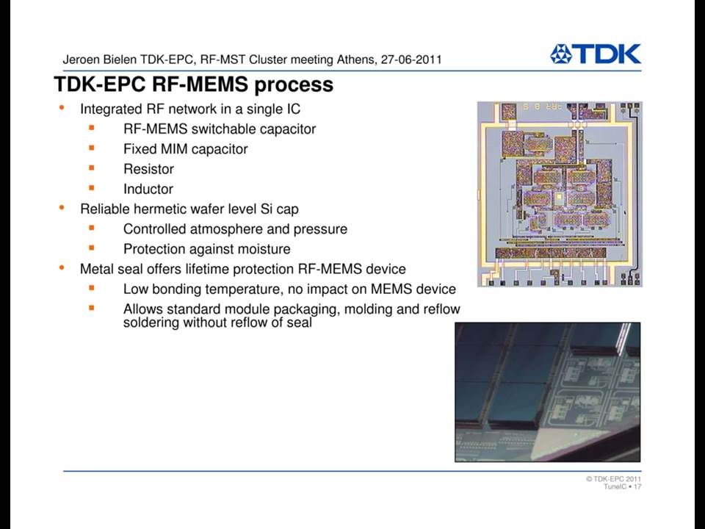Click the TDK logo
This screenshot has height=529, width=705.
(596, 54)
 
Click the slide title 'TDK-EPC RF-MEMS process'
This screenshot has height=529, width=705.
(193, 84)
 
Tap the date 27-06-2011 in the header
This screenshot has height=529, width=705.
(411, 60)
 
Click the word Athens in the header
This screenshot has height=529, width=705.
(355, 60)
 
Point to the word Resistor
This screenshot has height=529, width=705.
(148, 169)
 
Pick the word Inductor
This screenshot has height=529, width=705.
(148, 189)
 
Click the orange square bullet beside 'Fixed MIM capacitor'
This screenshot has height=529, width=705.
(92, 148)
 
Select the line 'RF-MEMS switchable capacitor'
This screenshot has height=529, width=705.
(220, 129)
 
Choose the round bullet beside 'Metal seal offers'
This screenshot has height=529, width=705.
(62, 267)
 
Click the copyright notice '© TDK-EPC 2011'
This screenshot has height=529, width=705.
(613, 479)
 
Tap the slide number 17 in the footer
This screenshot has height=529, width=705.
(637, 486)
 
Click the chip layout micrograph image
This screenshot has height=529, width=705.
(560, 194)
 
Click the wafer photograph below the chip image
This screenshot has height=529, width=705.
(548, 392)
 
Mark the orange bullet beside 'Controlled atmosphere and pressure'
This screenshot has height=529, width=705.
(92, 228)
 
